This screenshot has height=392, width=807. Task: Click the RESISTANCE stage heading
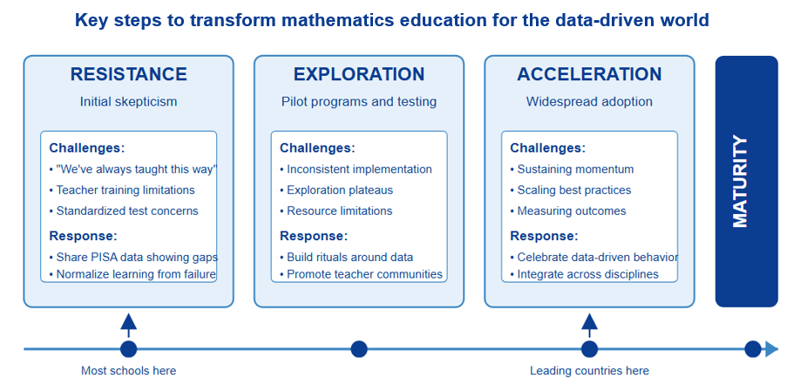tap(129, 74)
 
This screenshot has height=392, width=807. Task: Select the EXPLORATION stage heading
tap(359, 74)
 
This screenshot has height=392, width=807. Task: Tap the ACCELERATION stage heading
tap(589, 74)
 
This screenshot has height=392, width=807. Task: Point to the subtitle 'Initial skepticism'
tap(129, 101)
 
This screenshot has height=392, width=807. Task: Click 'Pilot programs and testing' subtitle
tap(359, 101)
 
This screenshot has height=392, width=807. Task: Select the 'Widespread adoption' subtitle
tap(589, 101)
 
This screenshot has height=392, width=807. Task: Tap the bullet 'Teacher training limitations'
tap(122, 189)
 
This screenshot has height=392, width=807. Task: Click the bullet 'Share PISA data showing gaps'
tap(133, 257)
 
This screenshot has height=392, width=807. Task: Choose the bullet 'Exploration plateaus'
tap(336, 189)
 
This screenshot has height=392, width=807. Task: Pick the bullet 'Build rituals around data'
tap(346, 257)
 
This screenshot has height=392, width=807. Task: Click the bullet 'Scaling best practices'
tap(571, 189)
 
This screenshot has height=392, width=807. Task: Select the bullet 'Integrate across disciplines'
tap(584, 274)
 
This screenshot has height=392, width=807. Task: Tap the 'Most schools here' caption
tap(129, 371)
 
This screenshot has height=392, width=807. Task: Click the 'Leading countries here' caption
tap(589, 371)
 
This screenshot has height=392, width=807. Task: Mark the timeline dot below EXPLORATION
tap(359, 349)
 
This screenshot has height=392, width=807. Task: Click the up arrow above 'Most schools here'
tap(129, 325)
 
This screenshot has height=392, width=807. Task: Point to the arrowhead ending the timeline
tap(771, 349)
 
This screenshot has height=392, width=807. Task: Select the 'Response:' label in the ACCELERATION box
tap(544, 237)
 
